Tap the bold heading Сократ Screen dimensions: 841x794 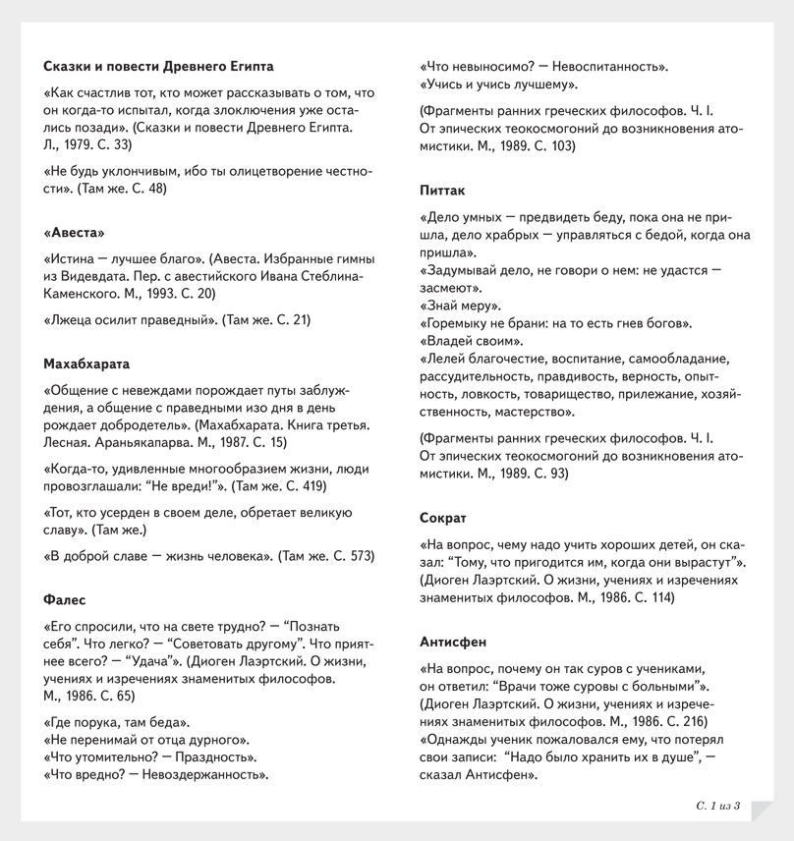pos(443,517)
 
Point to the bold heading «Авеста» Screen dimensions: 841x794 pos(74,233)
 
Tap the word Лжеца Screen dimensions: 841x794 pos(71,319)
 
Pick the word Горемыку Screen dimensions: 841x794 pos(456,322)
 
